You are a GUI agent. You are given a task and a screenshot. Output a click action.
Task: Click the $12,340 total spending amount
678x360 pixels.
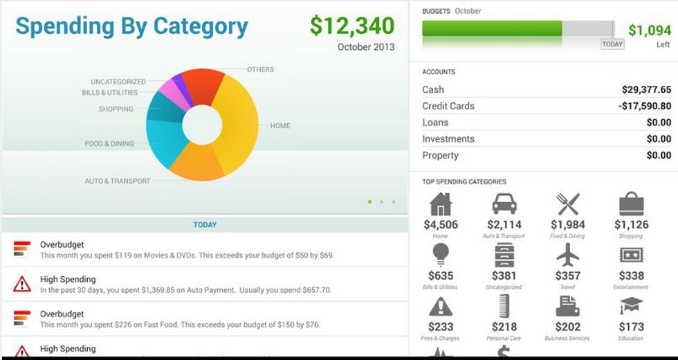pos(352,26)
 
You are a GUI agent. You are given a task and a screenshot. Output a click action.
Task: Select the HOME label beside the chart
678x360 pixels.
pos(280,126)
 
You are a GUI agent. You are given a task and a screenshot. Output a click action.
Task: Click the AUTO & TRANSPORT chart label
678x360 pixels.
pos(117,181)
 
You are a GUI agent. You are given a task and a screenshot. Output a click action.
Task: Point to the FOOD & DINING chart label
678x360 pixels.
pos(109,144)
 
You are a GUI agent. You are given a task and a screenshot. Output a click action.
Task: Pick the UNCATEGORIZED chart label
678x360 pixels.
pos(118,82)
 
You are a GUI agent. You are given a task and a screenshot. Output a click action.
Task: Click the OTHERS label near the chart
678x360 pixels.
pos(260,69)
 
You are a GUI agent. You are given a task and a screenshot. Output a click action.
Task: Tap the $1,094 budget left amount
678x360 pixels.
pos(650,30)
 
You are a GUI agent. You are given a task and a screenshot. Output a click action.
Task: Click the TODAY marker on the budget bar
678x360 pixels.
pos(612,44)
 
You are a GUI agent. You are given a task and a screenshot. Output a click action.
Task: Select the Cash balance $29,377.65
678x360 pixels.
pos(646,89)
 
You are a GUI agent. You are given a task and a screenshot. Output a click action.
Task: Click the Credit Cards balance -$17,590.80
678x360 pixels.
pos(644,106)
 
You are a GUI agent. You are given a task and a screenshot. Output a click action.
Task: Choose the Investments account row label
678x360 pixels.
pos(448,139)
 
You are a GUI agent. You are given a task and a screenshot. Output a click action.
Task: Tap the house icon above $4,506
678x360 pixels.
pos(441,204)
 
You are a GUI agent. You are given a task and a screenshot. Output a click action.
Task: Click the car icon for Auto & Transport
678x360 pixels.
pos(504,204)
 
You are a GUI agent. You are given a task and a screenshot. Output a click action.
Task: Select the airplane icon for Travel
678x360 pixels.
pos(567,255)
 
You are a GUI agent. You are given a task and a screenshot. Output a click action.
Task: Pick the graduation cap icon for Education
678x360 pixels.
pos(631,305)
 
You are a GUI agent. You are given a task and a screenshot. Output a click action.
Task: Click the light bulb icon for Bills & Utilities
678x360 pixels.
pos(441,255)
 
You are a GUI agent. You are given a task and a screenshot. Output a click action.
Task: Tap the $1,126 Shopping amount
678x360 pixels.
pos(631,224)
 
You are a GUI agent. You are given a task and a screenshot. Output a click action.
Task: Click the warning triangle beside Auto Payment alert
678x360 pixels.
pos(22,283)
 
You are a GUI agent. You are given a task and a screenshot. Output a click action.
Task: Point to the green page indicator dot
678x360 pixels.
pos(370,201)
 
